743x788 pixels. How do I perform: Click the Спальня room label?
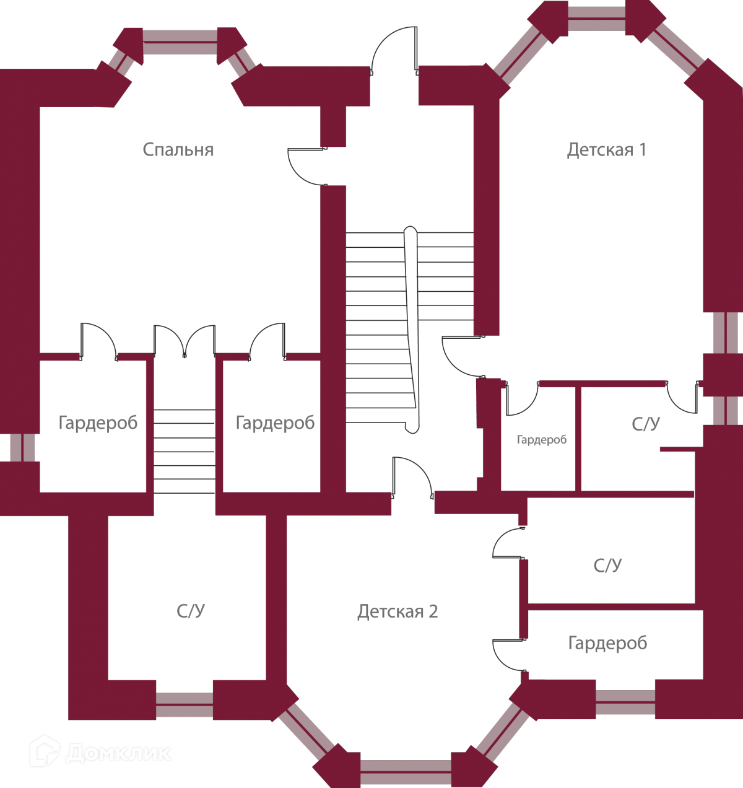click(x=178, y=150)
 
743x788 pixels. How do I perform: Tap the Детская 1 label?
click(x=606, y=150)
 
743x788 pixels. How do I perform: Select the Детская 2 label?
click(x=398, y=612)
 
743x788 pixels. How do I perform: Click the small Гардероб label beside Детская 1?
click(x=542, y=440)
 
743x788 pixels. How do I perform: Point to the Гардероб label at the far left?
click(x=98, y=423)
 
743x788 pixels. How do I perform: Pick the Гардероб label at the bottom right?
click(x=607, y=643)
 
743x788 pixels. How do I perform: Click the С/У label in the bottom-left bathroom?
click(x=191, y=611)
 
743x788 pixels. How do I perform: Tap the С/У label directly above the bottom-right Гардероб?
click(x=607, y=566)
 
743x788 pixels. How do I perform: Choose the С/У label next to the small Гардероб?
click(x=646, y=424)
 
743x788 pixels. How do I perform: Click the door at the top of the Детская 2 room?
click(x=412, y=477)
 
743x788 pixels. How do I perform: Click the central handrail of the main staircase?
click(x=411, y=328)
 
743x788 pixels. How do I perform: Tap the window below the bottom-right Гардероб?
click(x=625, y=702)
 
